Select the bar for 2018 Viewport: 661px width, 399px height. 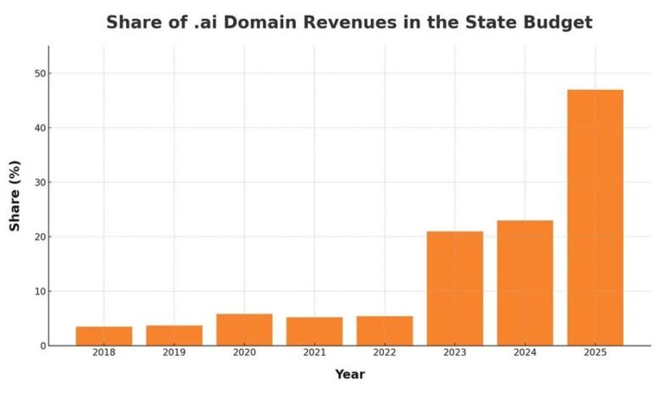104,336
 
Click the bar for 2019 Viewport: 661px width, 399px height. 175,335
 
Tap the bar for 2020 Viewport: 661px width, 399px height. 244,329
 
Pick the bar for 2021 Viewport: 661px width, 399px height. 314,331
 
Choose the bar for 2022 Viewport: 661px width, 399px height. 385,330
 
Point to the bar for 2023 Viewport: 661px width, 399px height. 455,289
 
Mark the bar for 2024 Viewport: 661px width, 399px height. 525,283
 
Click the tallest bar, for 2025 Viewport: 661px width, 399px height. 595,217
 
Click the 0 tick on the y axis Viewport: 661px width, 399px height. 40,346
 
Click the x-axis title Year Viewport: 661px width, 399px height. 349,374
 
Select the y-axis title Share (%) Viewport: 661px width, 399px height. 15,196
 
